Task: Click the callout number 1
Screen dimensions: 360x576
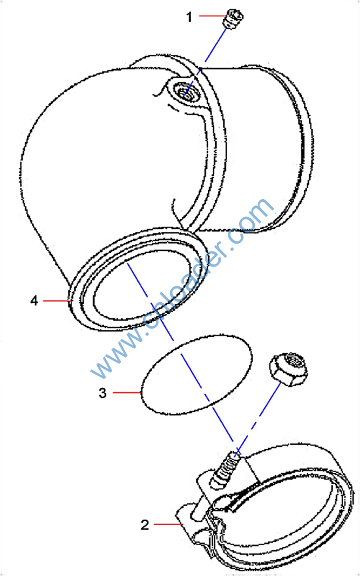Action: (189, 16)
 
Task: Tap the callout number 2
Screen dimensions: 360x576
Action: (145, 525)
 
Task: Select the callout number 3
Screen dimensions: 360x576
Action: (102, 393)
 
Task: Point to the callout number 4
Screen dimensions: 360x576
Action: (34, 300)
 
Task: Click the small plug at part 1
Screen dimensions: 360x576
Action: (233, 19)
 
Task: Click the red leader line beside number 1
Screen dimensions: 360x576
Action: (211, 16)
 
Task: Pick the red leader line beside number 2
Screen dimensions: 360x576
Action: (168, 524)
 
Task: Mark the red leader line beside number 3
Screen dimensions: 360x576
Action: (127, 393)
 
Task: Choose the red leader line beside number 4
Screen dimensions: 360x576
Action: (58, 300)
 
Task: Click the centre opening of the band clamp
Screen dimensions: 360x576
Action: (283, 518)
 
